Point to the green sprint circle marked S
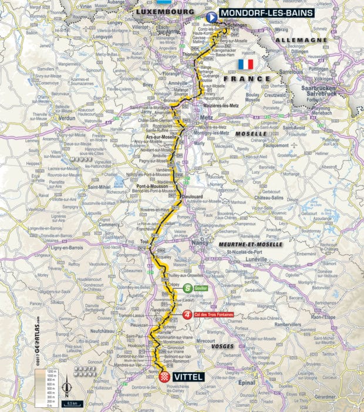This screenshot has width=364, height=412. point(187,288)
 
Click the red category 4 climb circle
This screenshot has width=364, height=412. point(187,314)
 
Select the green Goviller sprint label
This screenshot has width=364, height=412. point(201,288)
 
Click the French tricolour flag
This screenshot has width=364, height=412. point(245,64)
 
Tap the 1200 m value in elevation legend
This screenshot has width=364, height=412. point(51,372)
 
